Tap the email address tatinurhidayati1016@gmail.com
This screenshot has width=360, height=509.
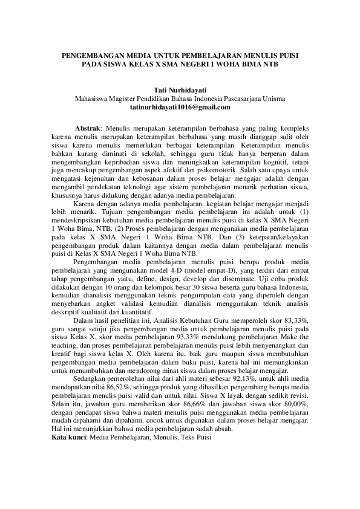coord(180,107)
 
